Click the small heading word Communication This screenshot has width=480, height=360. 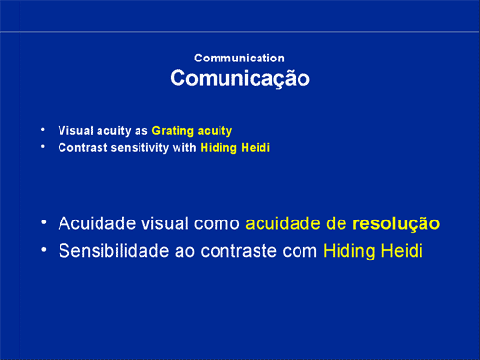[239, 59]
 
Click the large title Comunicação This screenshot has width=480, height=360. [240, 78]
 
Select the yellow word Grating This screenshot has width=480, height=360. [173, 131]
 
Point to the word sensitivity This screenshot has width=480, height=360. [140, 148]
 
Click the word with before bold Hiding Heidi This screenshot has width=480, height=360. [184, 148]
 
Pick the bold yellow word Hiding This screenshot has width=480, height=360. [219, 148]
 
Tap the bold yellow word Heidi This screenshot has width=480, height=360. [256, 148]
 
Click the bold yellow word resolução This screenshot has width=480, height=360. [396, 224]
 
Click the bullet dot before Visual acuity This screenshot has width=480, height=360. [43, 130]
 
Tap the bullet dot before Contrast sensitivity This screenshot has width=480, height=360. [43, 147]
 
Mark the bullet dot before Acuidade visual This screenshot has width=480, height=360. [44, 222]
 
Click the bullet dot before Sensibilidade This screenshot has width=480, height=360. [44, 250]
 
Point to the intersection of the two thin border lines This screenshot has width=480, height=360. [20, 32]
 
